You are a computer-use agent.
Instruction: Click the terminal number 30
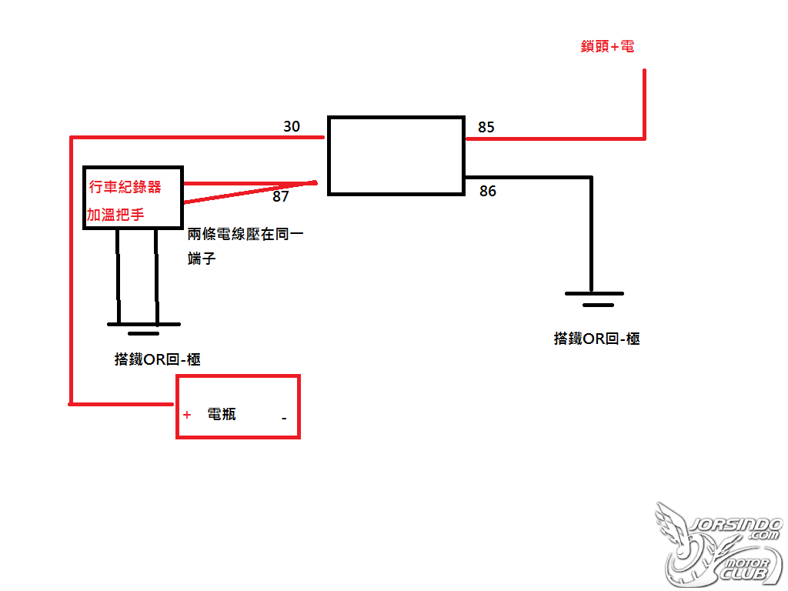coord(292,126)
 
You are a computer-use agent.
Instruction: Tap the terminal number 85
coord(486,127)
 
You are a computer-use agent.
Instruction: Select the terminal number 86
coord(487,191)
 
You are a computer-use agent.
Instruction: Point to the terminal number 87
coord(280,196)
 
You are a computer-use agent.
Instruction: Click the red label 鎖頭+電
coord(607,47)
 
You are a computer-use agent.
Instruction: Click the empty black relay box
coord(328,155)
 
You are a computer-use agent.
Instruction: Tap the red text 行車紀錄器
coord(125,187)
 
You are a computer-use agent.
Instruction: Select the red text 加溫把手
coord(115,215)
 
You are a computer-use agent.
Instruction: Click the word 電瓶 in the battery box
coord(222,414)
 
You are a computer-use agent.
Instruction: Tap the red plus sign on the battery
coord(187,415)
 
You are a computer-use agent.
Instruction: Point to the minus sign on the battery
coord(284,418)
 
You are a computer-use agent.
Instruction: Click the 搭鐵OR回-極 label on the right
coord(596,339)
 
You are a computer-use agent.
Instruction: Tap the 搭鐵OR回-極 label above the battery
coord(157,359)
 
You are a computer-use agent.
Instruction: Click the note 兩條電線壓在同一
coord(245,234)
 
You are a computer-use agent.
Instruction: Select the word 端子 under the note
coord(202,259)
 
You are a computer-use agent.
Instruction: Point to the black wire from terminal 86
coord(592,178)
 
